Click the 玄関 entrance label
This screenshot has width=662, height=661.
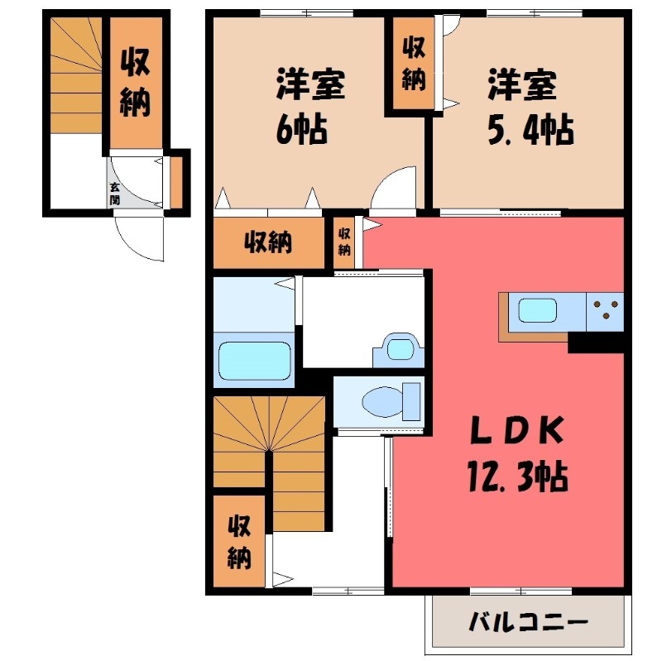pyautogui.click(x=114, y=194)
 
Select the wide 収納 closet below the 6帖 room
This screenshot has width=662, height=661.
pyautogui.click(x=267, y=243)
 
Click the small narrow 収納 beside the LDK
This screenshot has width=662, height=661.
pyautogui.click(x=344, y=242)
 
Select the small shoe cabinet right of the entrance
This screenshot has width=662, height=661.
pyautogui.click(x=176, y=180)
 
